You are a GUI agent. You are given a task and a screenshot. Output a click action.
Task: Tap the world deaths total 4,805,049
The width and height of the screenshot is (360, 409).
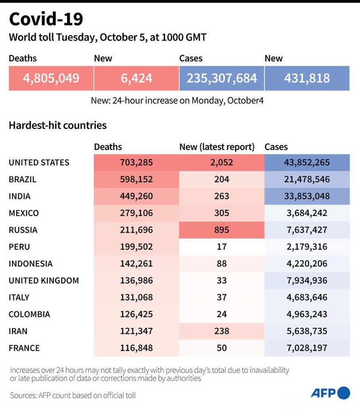point(51,78)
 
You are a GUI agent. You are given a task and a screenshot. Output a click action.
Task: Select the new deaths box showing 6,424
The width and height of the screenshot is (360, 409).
point(136,78)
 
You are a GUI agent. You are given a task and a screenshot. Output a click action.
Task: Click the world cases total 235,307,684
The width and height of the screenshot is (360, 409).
point(222,78)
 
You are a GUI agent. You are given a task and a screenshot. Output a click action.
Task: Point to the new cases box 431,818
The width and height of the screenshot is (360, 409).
point(307,78)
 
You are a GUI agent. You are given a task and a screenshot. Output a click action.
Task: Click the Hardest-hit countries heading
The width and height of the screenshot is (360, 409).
point(58,125)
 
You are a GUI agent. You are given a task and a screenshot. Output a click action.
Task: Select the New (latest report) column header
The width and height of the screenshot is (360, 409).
point(216,147)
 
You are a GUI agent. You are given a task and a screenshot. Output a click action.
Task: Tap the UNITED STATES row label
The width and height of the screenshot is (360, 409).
point(39,162)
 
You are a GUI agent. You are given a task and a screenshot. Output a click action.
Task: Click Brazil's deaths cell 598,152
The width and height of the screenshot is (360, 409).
point(136,179)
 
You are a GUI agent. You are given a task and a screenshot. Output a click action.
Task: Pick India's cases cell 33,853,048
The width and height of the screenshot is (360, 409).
point(307,196)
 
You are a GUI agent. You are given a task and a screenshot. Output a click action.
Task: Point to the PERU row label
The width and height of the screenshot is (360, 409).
point(20,247)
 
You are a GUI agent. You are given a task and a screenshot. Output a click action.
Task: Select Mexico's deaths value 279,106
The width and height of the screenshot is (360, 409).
point(136,213)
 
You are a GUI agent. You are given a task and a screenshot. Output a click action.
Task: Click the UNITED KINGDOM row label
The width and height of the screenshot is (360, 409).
point(44,281)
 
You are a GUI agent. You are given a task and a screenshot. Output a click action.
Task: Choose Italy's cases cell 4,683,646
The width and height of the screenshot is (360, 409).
point(307,297)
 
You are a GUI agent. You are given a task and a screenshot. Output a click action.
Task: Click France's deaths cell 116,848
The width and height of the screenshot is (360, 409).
point(136,348)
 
